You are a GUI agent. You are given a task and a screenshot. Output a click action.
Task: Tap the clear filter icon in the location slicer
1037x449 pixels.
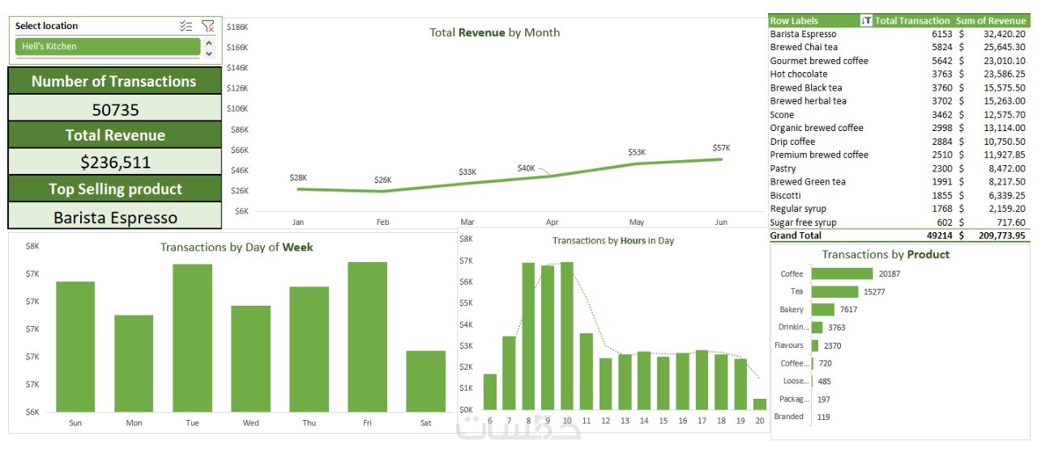pos(208,27)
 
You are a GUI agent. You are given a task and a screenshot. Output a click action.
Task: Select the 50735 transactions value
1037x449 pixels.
pos(115,109)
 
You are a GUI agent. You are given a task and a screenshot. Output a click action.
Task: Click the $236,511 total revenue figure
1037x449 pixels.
pos(115,162)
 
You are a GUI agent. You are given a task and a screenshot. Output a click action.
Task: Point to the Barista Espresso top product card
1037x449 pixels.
pos(115,217)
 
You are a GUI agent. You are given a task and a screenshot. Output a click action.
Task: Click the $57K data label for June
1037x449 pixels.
pos(721,148)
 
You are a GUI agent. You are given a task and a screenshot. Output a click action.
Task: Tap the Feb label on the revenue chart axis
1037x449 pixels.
pos(383,222)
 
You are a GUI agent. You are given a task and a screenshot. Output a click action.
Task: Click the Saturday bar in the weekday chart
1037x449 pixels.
pos(425,380)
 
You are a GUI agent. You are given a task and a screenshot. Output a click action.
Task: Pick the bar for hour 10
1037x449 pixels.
pos(566,336)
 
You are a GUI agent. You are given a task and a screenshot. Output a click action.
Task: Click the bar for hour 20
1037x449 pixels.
pos(759,404)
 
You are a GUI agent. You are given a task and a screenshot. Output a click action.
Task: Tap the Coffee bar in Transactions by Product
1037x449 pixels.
pos(842,273)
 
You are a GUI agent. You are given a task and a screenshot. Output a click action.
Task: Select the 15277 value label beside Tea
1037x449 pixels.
pos(875,291)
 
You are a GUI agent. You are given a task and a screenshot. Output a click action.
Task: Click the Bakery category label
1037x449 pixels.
pos(792,309)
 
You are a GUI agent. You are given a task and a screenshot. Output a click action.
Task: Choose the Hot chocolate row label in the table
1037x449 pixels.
pos(799,74)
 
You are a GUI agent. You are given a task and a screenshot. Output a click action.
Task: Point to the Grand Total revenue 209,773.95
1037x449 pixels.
pos(996,235)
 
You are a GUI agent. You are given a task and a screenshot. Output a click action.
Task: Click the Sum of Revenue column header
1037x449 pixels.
pos(991,21)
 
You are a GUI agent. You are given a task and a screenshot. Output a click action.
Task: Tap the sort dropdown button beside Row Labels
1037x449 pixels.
pos(866,21)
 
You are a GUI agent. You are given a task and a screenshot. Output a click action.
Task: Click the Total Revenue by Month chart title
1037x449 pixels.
pos(494,33)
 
